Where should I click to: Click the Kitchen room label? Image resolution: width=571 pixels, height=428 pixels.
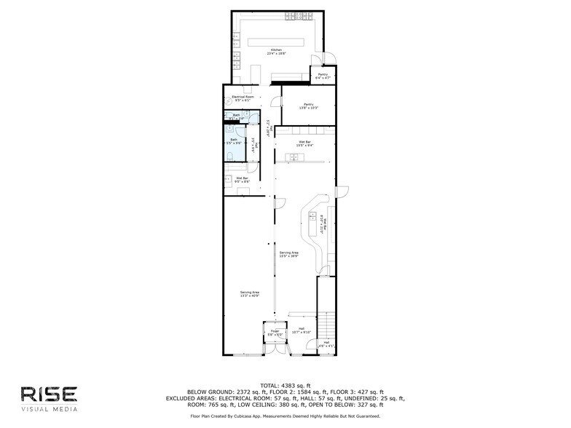(x=275, y=51)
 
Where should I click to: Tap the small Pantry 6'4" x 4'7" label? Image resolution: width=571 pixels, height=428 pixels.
(x=322, y=75)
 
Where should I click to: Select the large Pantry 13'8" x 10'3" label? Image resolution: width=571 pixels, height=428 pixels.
(x=308, y=106)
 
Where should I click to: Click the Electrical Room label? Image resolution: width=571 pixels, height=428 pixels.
(x=243, y=98)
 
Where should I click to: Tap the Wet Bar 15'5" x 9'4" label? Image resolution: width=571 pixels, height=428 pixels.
(x=304, y=143)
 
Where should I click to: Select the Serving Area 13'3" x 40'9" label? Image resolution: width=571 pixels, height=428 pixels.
(x=250, y=294)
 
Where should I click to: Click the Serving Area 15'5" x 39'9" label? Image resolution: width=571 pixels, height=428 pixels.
(x=288, y=254)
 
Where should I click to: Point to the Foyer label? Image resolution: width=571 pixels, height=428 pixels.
(x=275, y=333)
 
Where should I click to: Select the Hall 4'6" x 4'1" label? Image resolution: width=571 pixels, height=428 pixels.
(x=326, y=344)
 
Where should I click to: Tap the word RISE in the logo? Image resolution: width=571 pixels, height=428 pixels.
(x=49, y=394)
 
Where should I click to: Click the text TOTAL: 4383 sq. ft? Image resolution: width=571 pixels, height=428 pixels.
(x=285, y=385)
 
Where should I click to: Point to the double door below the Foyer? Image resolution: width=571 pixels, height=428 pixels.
(x=274, y=349)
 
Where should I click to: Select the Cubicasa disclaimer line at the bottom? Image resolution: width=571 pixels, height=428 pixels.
(x=285, y=416)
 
